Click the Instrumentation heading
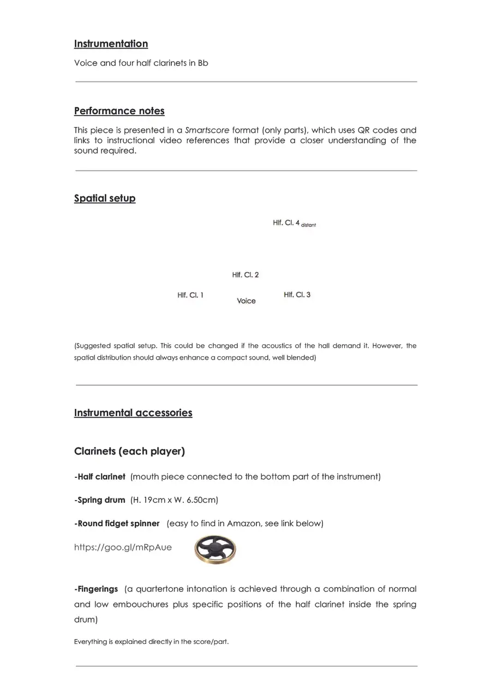click(x=111, y=44)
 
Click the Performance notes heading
click(x=119, y=111)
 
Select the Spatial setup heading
click(x=105, y=198)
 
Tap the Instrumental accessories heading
click(x=133, y=413)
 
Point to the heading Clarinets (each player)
click(x=129, y=452)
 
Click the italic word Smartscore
click(x=207, y=130)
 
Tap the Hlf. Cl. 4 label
click(x=286, y=223)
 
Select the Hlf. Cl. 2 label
click(x=245, y=275)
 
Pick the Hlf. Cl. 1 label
click(x=190, y=295)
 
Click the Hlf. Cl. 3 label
click(x=297, y=295)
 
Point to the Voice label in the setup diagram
click(x=246, y=301)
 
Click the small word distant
click(x=308, y=225)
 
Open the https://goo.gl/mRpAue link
click(x=123, y=548)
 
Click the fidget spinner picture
click(x=215, y=549)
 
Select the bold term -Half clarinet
click(x=100, y=477)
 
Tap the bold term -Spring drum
click(x=100, y=500)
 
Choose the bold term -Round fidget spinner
click(x=117, y=524)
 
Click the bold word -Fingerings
click(x=96, y=589)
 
